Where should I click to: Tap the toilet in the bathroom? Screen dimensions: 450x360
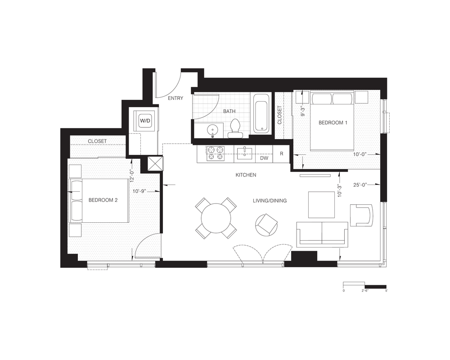235,128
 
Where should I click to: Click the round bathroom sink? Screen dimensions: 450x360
213,130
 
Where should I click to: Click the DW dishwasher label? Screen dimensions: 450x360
264,158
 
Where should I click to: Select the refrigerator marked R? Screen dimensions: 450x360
281,154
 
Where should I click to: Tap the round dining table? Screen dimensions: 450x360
216,218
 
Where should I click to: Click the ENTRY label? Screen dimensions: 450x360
175,98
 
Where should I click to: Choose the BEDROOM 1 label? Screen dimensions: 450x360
333,122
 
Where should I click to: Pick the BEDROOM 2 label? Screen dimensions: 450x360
103,200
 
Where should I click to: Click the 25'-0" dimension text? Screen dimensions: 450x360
360,185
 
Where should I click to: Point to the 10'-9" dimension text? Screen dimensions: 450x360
139,191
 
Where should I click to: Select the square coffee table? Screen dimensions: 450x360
321,205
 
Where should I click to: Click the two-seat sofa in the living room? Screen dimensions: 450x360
322,234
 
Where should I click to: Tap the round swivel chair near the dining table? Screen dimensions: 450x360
266,225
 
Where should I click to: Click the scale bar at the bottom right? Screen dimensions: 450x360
365,286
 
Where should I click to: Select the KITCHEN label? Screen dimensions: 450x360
246,175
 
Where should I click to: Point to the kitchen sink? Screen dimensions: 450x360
244,153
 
